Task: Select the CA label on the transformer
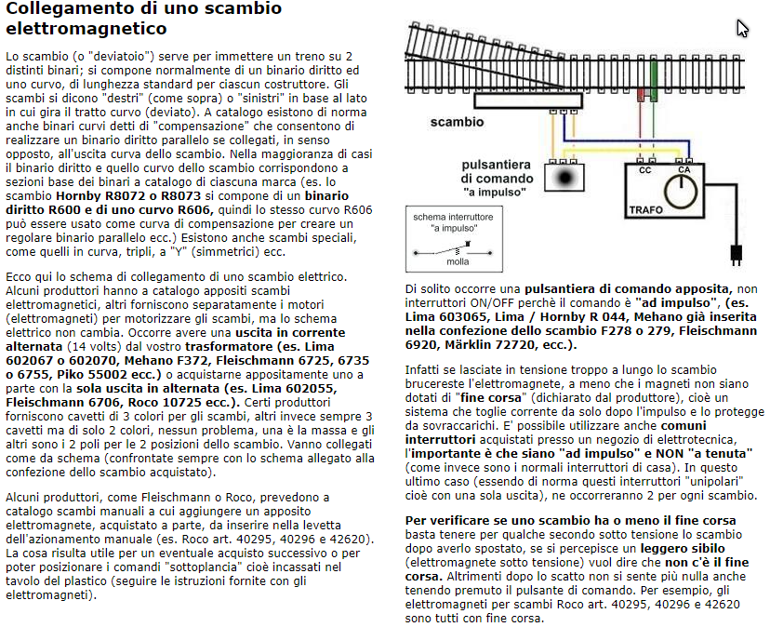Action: (684, 169)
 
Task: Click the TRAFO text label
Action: (646, 211)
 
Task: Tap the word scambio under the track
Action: (457, 122)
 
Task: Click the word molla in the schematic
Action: (458, 262)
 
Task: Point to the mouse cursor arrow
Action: (742, 27)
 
